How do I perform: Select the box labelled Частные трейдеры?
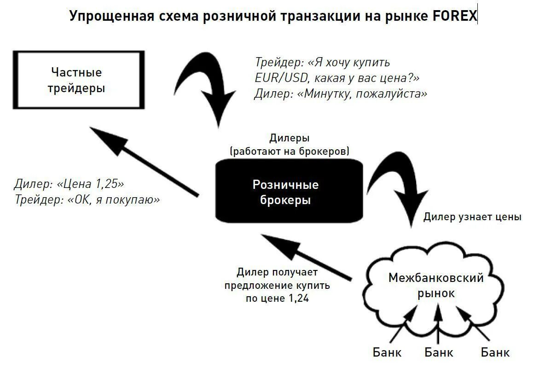coord(76,80)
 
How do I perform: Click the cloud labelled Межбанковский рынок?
coord(435,286)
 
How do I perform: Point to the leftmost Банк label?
coord(387,353)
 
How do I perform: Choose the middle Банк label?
coord(439,353)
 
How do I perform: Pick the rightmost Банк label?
coord(495,353)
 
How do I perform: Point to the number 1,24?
coord(298,299)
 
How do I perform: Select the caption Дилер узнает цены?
coord(472,217)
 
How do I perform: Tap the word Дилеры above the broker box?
coord(289,138)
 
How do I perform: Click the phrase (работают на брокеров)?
coord(290,151)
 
